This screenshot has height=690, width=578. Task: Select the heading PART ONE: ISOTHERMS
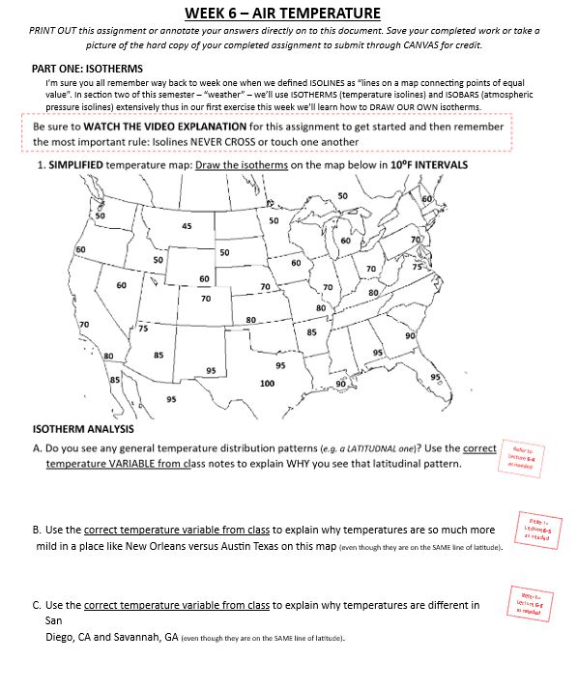coord(88,69)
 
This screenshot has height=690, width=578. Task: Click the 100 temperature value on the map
coord(267,384)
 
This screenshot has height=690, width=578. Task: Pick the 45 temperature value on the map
coord(187,226)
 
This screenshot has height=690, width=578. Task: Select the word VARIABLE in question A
coord(146,464)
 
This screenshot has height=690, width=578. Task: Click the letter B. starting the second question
coord(37,531)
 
